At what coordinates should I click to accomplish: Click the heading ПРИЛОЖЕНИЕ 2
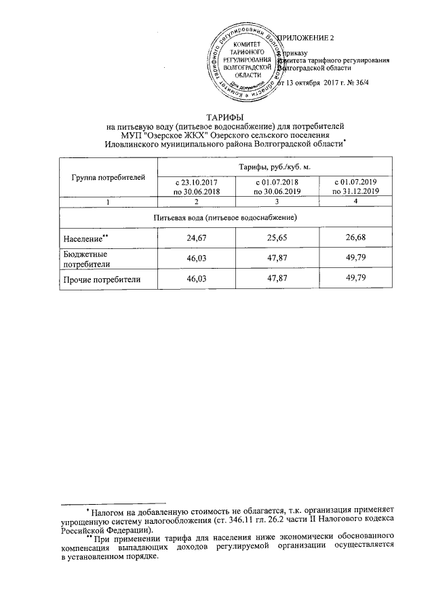[x=309, y=37]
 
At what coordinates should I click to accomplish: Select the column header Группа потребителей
[x=108, y=178]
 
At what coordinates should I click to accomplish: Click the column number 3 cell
[x=277, y=202]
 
